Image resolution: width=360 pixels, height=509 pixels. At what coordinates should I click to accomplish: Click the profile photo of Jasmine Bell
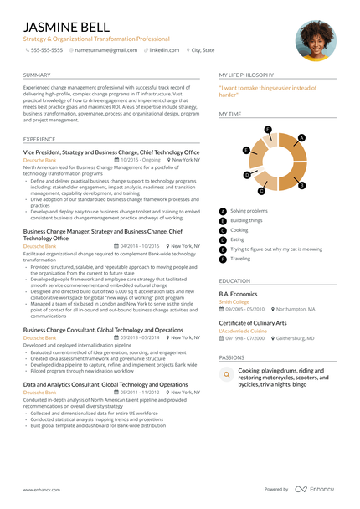click(x=316, y=39)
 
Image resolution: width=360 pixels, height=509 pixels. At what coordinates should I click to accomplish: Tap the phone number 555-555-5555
click(x=46, y=50)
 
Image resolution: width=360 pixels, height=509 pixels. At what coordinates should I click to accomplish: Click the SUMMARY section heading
click(x=37, y=75)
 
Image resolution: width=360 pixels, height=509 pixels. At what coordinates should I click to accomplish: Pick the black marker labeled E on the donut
click(x=245, y=150)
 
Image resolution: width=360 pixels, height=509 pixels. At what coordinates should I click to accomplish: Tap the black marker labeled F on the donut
click(x=267, y=130)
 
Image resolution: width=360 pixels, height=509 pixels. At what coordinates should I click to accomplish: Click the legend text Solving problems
click(x=249, y=211)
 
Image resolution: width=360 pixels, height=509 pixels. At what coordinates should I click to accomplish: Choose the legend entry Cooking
click(x=239, y=229)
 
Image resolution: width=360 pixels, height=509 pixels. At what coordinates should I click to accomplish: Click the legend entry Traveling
click(x=240, y=259)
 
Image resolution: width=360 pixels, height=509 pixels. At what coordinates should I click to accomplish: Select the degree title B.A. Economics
click(x=238, y=295)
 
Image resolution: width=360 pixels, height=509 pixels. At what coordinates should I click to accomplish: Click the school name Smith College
click(x=234, y=302)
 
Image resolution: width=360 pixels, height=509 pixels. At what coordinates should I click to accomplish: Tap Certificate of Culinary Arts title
click(x=253, y=322)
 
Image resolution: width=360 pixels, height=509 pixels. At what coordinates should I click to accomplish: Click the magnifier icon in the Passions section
click(x=226, y=377)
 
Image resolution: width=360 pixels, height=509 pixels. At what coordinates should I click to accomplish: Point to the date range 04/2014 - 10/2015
click(x=140, y=246)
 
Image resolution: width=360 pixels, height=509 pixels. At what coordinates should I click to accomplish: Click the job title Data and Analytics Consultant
click(x=105, y=384)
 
